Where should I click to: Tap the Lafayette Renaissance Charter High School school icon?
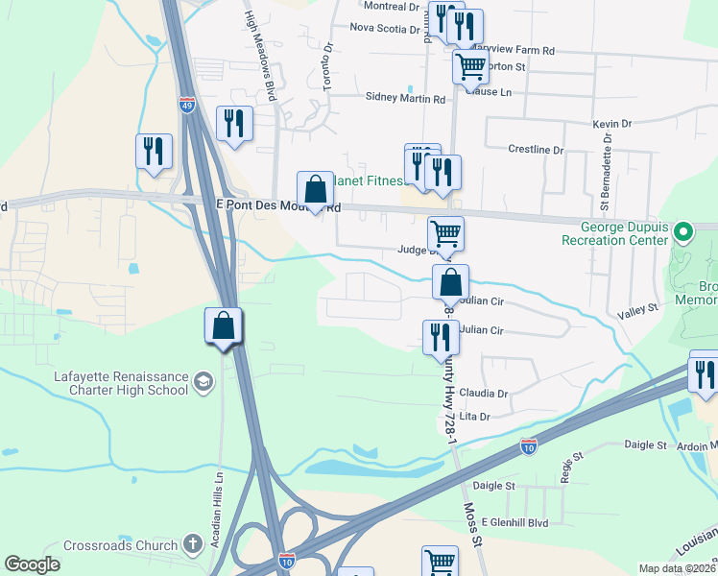[x=203, y=383]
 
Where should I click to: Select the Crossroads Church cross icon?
[x=192, y=545]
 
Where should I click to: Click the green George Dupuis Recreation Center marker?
[x=682, y=231]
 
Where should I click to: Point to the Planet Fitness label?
[x=368, y=179]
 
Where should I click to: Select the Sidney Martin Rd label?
[x=405, y=98]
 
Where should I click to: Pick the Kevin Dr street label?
[x=611, y=124]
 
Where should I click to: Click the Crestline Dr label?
[x=535, y=150]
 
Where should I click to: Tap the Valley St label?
[x=637, y=308]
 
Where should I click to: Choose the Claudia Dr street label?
[x=483, y=394]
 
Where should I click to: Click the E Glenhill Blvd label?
[x=515, y=520]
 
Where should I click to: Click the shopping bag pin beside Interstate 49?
[x=223, y=326]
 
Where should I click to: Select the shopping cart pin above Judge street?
[x=445, y=234]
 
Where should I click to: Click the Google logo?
[x=33, y=564]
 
